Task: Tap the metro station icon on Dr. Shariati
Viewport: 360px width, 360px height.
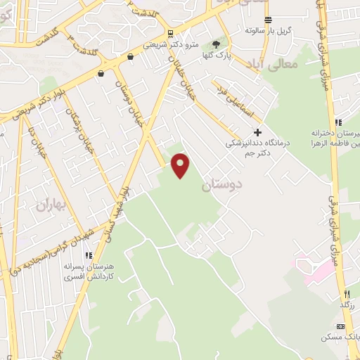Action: [x=171, y=33]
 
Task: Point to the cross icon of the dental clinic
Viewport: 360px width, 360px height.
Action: [x=258, y=131]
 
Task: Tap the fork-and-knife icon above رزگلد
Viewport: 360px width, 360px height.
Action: [x=346, y=293]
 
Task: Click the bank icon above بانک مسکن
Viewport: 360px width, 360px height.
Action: [x=341, y=326]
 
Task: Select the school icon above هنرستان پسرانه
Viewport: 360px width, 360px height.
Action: [x=87, y=256]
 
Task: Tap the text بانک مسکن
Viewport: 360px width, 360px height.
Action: [x=345, y=337]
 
